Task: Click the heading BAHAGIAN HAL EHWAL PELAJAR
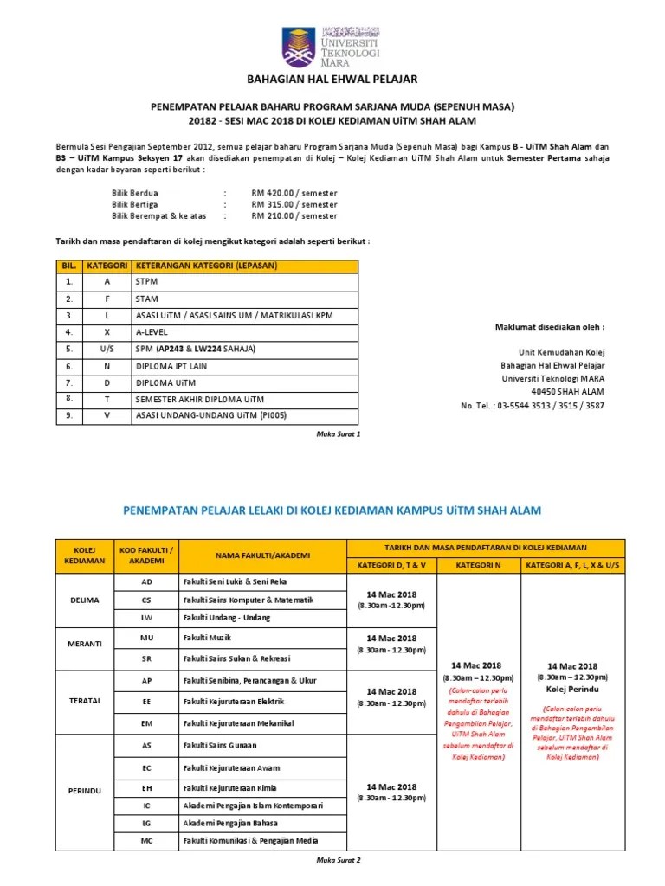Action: tap(332, 80)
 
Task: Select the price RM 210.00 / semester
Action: tap(294, 215)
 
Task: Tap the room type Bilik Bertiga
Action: tap(136, 205)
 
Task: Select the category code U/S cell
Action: tap(107, 349)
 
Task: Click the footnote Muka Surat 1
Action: tap(339, 433)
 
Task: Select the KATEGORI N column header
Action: tap(479, 565)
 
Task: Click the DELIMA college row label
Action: tap(84, 600)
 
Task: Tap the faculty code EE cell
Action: tap(146, 701)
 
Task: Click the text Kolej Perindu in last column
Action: tap(572, 690)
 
